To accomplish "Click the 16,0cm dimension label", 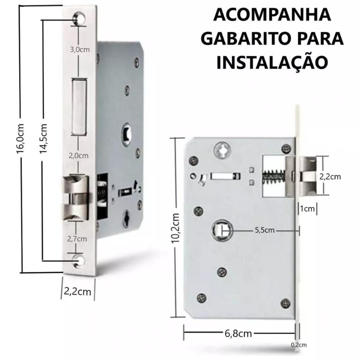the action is (x=20, y=138).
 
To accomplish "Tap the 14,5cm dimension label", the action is (x=43, y=138).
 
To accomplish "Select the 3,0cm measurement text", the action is (x=80, y=49).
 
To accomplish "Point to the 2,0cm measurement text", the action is (x=78, y=156).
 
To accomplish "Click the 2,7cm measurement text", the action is (x=77, y=239).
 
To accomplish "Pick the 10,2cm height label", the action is (x=175, y=228).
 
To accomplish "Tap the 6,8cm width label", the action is (x=238, y=333).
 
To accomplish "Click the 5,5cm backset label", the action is (x=265, y=230).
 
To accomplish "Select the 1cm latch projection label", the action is (x=307, y=209).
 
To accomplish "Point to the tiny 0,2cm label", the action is (x=299, y=345).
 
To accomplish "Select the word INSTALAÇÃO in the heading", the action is (x=272, y=63).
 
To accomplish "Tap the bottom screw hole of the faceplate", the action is (x=78, y=261).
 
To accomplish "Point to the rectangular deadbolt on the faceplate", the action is (x=80, y=107).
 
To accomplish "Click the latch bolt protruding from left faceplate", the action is (x=75, y=197).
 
